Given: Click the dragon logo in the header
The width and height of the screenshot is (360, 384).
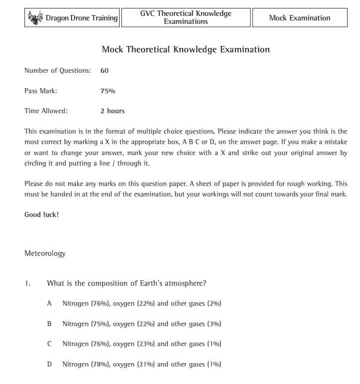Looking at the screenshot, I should (x=36, y=18).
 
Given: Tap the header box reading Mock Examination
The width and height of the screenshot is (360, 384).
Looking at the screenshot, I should (x=300, y=18).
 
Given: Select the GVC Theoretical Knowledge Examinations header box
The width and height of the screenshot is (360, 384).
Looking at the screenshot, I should (x=186, y=18).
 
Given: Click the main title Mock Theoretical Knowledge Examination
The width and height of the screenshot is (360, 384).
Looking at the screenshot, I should (x=185, y=50).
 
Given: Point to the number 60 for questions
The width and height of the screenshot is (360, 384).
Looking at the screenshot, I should (x=104, y=71).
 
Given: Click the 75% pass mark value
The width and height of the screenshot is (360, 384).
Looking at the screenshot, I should (x=107, y=91).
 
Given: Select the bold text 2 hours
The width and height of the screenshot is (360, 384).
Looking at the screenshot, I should (x=112, y=111).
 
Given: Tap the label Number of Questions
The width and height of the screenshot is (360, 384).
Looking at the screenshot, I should (x=57, y=71).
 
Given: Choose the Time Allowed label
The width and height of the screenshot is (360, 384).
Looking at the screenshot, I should (x=46, y=111).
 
